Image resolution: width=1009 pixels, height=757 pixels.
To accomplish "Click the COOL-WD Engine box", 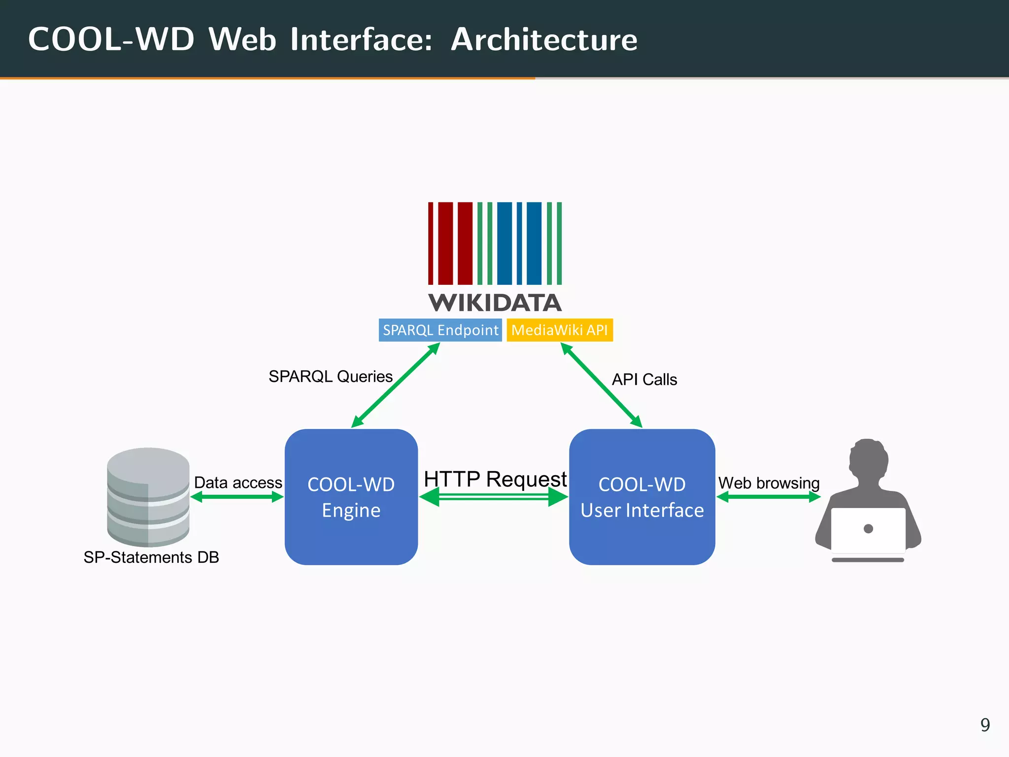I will pos(351,497).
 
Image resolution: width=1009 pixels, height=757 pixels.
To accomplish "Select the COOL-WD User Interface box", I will pos(641,497).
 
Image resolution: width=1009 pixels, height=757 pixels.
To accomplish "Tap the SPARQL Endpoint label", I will pos(440,330).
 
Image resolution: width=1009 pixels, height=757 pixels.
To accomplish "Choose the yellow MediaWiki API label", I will pos(560,330).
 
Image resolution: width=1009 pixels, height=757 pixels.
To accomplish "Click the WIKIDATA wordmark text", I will pos(495,303).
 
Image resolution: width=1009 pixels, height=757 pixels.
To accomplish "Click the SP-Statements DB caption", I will pos(151,557).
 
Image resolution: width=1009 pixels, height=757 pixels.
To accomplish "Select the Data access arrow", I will pos(237,497).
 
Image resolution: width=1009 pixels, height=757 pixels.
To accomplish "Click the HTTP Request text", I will pos(495,479).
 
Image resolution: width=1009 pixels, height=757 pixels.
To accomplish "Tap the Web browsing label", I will pos(769,483).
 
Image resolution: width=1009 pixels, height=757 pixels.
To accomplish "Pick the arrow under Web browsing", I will pos(769,497).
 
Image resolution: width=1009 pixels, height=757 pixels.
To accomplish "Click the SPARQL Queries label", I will pos(330,377).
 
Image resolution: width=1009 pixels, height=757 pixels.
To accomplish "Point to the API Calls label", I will pos(644,379).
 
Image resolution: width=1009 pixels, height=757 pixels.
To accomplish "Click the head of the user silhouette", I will pos(868,458).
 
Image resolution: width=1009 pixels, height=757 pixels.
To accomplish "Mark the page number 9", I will pos(985,725).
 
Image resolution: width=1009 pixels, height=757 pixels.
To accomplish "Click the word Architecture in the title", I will pos(544,39).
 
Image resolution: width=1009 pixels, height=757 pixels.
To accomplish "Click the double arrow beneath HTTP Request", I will pos(494,497).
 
